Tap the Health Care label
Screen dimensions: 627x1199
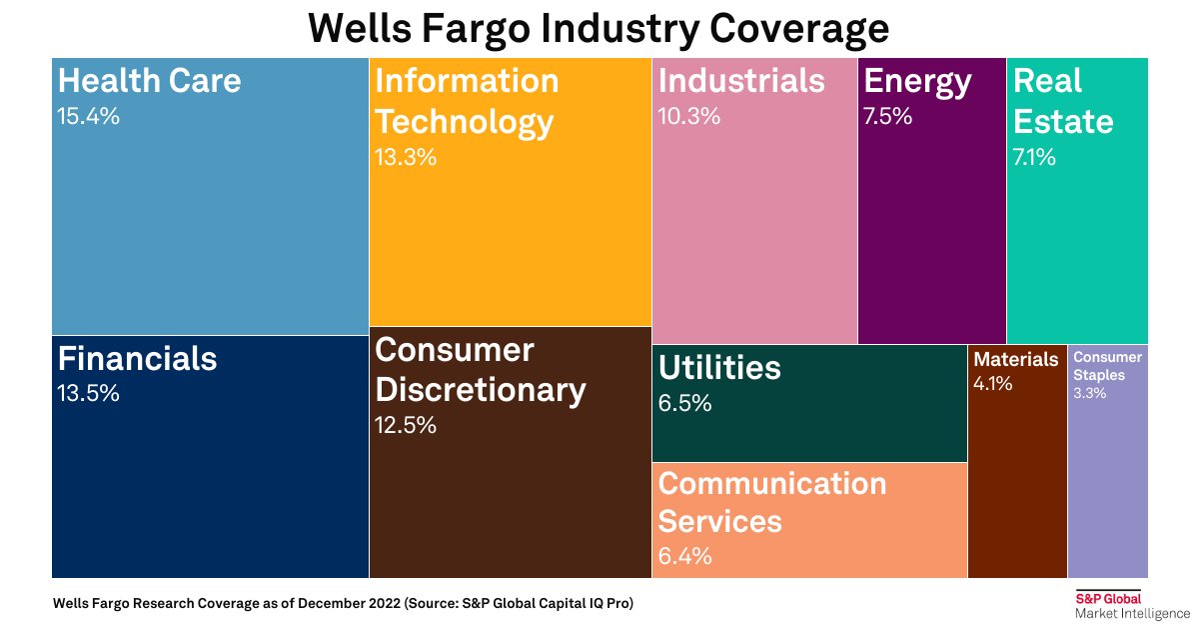pos(149,81)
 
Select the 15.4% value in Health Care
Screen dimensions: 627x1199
pos(89,117)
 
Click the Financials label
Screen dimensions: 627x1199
pos(137,358)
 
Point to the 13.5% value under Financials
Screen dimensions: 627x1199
pos(89,394)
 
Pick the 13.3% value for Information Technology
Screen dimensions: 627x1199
pos(405,158)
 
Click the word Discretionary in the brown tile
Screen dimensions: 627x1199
pos(480,390)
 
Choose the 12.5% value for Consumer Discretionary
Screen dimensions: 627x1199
pos(405,426)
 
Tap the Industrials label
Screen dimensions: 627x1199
pos(741,81)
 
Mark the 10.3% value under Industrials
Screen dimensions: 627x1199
pos(688,117)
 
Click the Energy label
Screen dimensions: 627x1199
pos(917,82)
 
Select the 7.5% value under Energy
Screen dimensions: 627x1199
pos(887,117)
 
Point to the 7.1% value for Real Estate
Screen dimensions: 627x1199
pos(1034,158)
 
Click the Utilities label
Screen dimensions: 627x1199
pos(719,368)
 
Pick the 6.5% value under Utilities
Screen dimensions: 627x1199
pos(684,404)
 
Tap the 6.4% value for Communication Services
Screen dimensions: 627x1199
pos(684,557)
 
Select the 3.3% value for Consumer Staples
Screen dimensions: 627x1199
pos(1089,394)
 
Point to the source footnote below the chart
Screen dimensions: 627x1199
pos(343,604)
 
